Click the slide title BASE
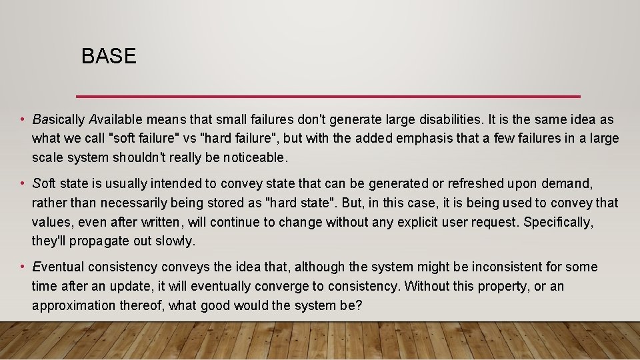109,57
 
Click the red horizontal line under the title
328,95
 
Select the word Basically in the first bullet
59,120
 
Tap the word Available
116,120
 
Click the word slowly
179,241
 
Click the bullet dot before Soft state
22,183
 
